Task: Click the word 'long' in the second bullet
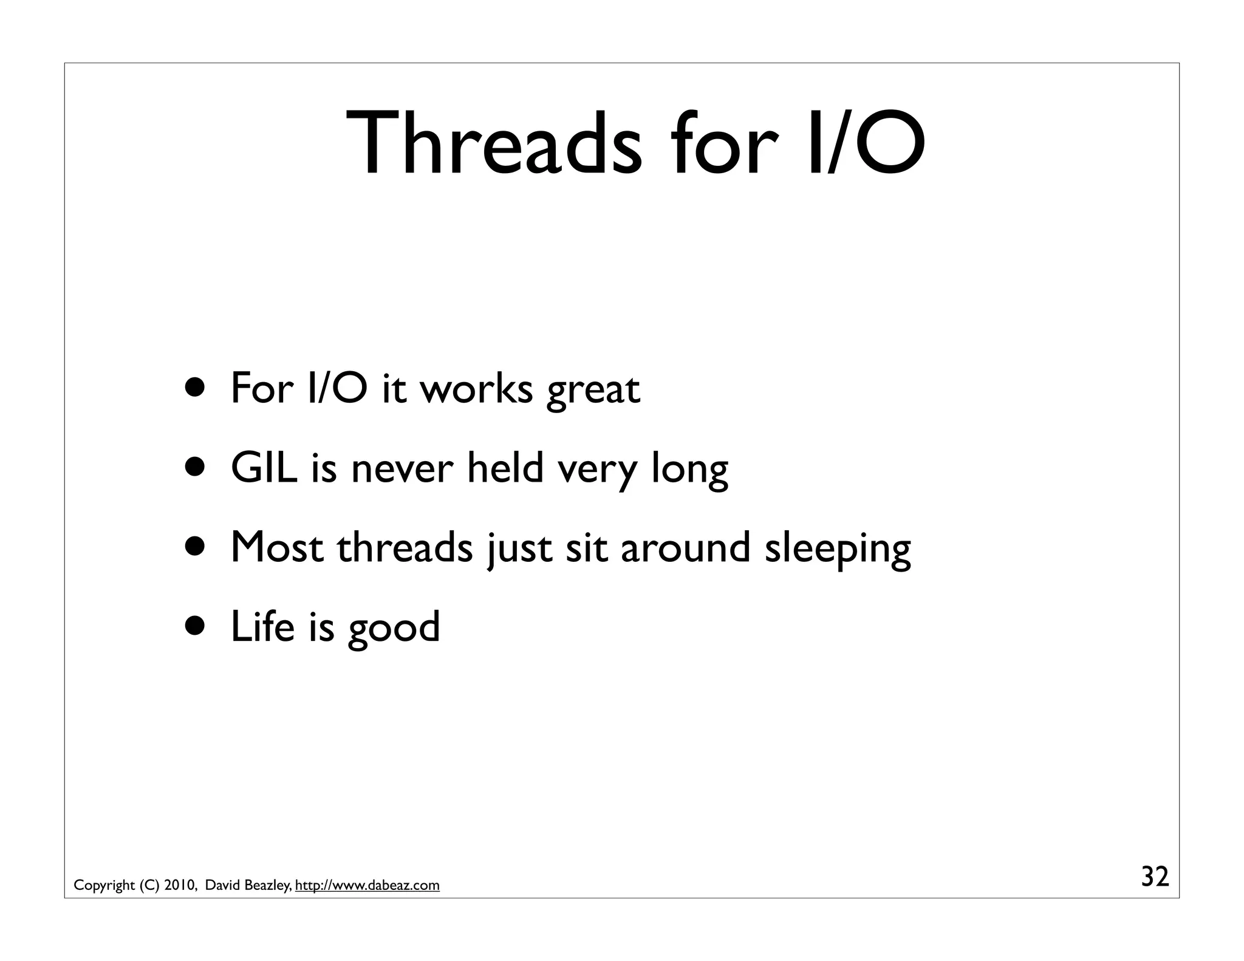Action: pos(689,470)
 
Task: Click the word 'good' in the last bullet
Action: pos(394,628)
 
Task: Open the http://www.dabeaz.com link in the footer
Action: pos(367,885)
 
